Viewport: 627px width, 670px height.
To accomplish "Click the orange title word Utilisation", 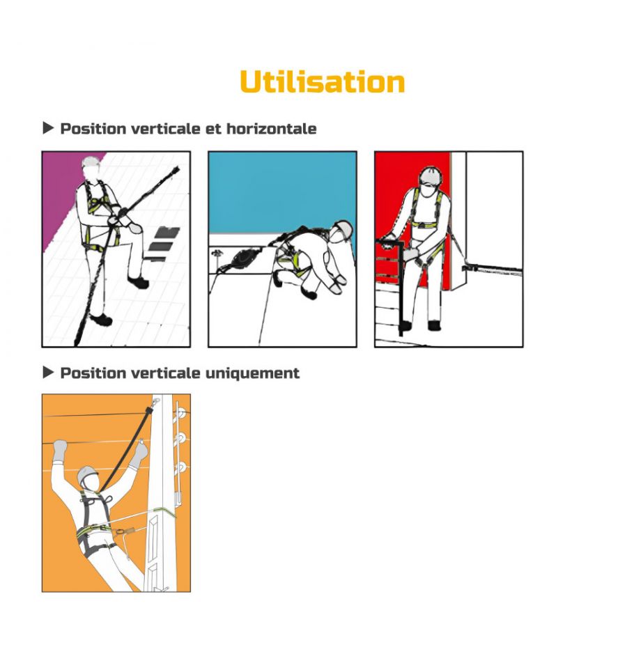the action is [322, 81].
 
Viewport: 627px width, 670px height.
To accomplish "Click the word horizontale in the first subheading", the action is [272, 129].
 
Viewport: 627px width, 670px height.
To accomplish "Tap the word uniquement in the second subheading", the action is [252, 373].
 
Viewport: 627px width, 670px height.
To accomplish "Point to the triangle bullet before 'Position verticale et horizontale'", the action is [48, 127].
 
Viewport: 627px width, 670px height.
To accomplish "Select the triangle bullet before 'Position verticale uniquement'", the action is [48, 373].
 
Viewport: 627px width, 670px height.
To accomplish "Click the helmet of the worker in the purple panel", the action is [91, 162].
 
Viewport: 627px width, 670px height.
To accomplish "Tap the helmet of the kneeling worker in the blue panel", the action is [343, 227].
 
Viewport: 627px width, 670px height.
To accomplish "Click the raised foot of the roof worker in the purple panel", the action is [138, 282].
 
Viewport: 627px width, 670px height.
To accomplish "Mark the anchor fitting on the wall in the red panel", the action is [470, 268].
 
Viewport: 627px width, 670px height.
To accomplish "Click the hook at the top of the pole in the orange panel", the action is [156, 402].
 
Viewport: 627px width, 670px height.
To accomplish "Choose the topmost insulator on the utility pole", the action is [181, 413].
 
